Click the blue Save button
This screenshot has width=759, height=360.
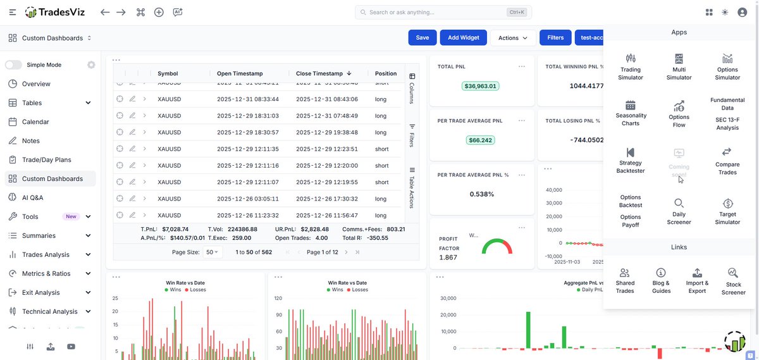(x=423, y=37)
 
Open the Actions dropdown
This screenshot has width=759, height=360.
(x=513, y=37)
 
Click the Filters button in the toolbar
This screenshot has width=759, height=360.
(x=555, y=37)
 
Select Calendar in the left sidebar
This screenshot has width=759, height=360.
(x=35, y=121)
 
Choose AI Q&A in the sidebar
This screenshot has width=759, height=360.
(x=32, y=197)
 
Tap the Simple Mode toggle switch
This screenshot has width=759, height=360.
(x=13, y=65)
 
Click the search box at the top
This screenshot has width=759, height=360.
(x=443, y=12)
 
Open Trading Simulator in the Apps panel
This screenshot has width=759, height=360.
(x=630, y=66)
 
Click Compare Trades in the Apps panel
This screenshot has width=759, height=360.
(x=727, y=159)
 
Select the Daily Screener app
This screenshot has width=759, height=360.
(x=679, y=211)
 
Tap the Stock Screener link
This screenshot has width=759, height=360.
(x=733, y=280)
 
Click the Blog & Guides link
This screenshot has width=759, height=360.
(x=661, y=280)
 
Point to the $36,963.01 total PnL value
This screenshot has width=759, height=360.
(x=481, y=86)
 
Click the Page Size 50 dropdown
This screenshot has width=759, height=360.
(x=213, y=252)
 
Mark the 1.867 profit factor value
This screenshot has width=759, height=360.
(x=448, y=258)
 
